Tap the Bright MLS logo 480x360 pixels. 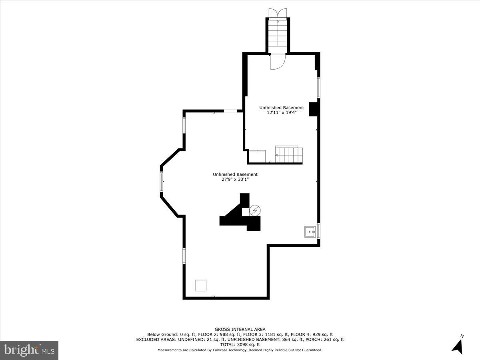coord(29,350)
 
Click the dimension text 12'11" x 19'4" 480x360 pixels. coord(282,113)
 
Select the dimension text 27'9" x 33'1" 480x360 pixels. coord(235,180)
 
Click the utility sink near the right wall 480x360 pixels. coord(310,232)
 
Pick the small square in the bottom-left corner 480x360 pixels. coord(201,286)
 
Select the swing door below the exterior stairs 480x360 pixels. coord(277,62)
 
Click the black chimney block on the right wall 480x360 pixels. coord(313,109)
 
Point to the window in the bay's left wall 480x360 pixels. coord(162,182)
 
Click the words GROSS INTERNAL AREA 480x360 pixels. coord(240,330)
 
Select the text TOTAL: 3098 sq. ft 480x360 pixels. coord(240,344)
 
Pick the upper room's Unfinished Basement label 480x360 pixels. coord(282,108)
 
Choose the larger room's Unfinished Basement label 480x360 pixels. coord(235,174)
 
